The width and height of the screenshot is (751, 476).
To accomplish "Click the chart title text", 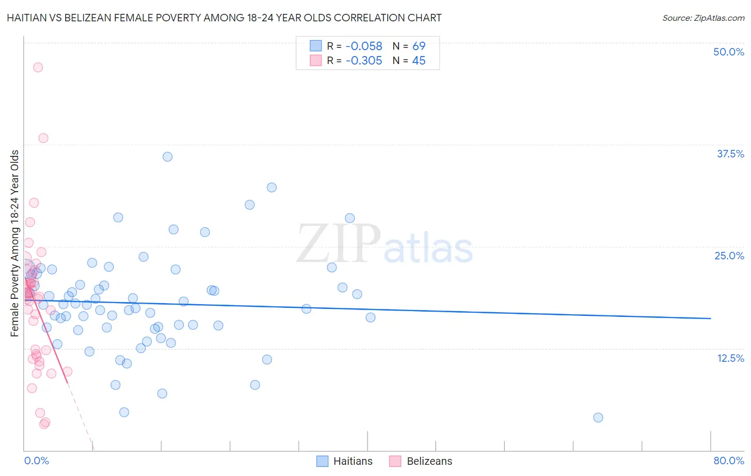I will click(x=224, y=18).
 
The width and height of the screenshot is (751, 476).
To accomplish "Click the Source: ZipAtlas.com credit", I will click(x=703, y=18).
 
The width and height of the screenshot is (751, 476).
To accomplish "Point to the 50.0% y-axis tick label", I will click(x=729, y=52).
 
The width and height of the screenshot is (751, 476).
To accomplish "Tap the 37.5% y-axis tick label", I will click(x=730, y=154).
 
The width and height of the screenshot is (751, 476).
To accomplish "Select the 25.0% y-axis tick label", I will click(x=729, y=256).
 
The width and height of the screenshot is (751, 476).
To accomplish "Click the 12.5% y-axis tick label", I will click(x=730, y=358).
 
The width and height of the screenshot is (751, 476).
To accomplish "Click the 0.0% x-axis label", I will click(x=36, y=461).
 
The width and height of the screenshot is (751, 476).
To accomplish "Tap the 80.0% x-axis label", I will click(x=729, y=461).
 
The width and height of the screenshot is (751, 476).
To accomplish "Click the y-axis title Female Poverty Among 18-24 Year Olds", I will click(x=15, y=243).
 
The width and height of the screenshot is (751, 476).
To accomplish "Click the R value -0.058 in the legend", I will click(x=364, y=46).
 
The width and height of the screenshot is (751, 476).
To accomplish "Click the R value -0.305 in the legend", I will click(x=364, y=61).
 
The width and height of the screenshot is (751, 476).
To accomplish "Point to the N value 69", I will click(x=419, y=46).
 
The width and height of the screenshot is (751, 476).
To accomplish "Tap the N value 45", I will click(x=419, y=61).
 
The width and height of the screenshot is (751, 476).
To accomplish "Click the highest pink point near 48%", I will click(x=38, y=67).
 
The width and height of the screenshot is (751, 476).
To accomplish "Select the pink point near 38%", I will click(x=43, y=138).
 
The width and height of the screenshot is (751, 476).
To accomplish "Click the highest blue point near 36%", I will click(x=168, y=157).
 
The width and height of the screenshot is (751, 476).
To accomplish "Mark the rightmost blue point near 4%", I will click(x=598, y=417).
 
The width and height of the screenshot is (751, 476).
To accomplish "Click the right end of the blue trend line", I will click(x=710, y=318).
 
